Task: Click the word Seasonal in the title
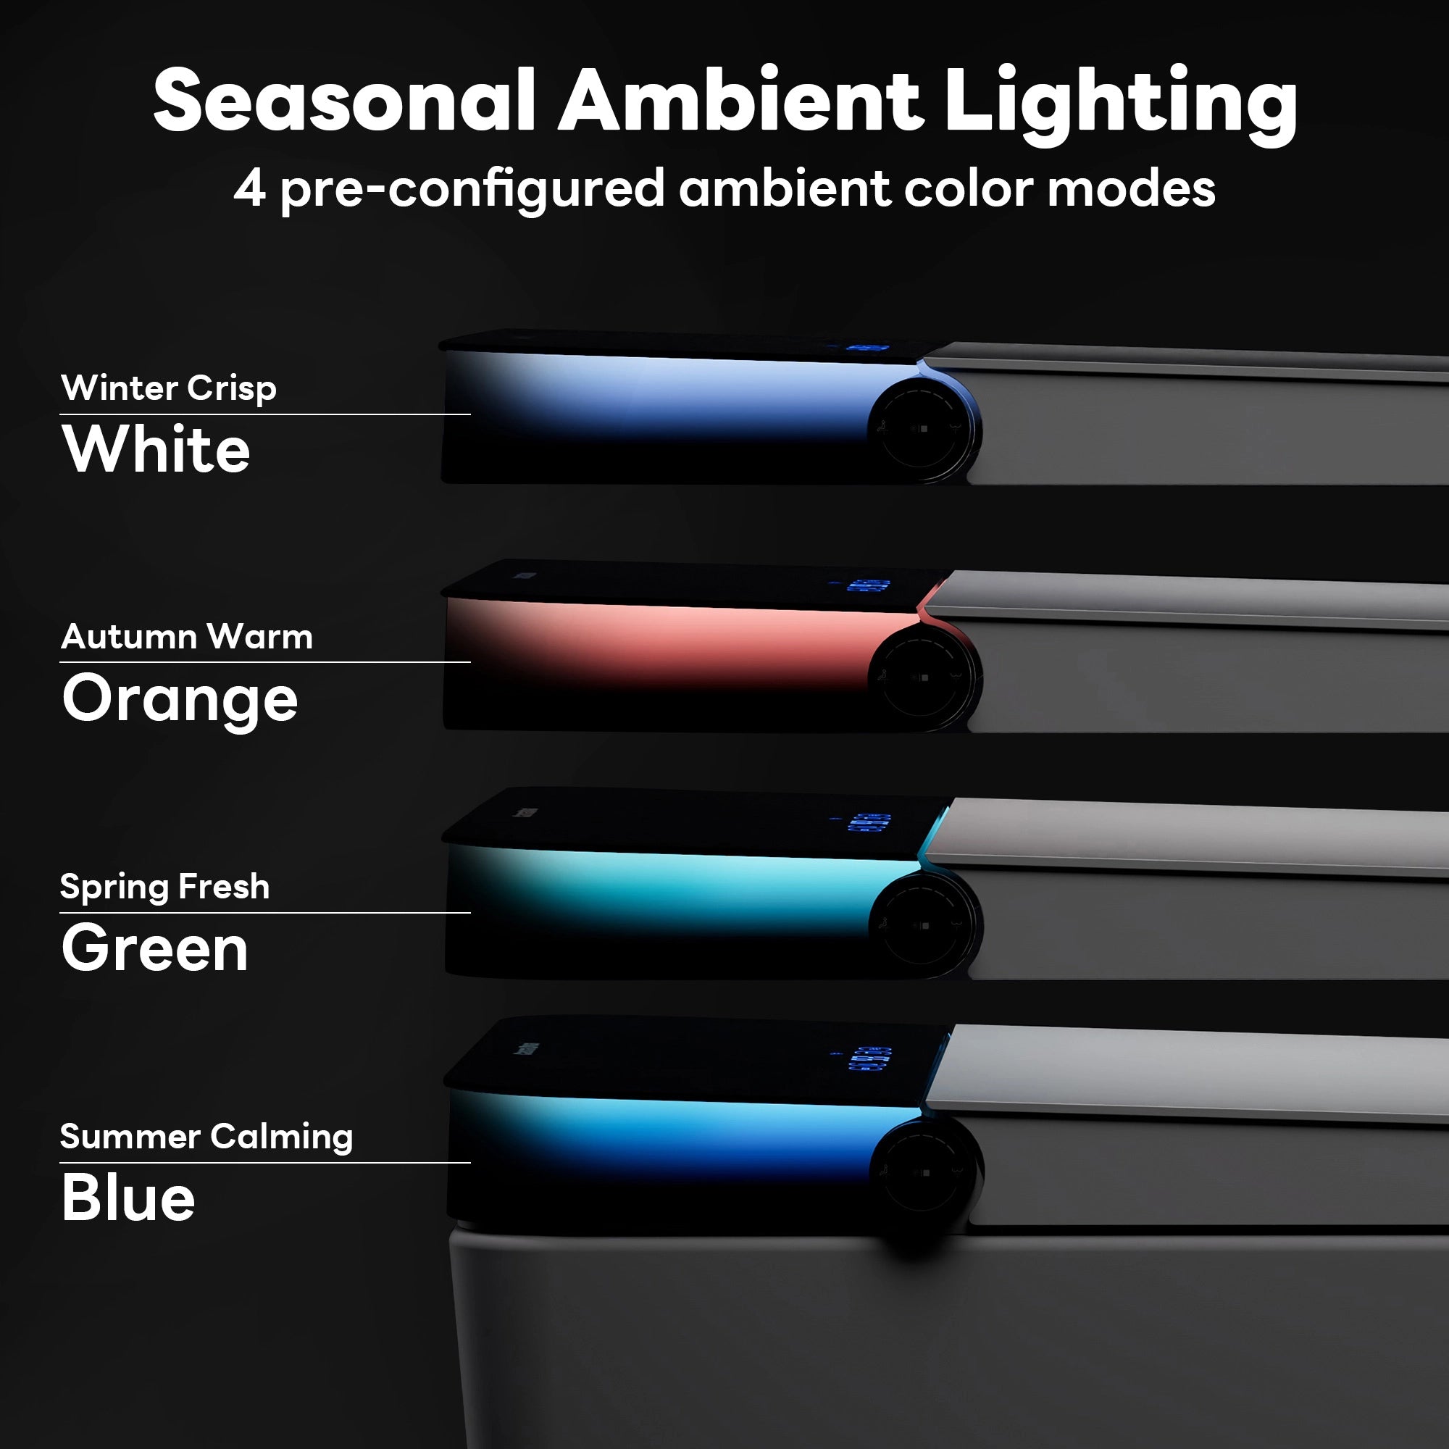pyautogui.click(x=345, y=101)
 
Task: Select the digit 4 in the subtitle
pyautogui.click(x=249, y=189)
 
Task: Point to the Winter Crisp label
pyautogui.click(x=169, y=388)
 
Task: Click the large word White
pyautogui.click(x=156, y=449)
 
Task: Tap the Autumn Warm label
pyautogui.click(x=187, y=637)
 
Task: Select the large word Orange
pyautogui.click(x=180, y=699)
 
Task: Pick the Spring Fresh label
pyautogui.click(x=164, y=887)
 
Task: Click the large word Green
pyautogui.click(x=154, y=949)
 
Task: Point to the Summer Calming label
pyautogui.click(x=206, y=1136)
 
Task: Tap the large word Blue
pyautogui.click(x=128, y=1198)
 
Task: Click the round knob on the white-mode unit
pyautogui.click(x=924, y=429)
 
